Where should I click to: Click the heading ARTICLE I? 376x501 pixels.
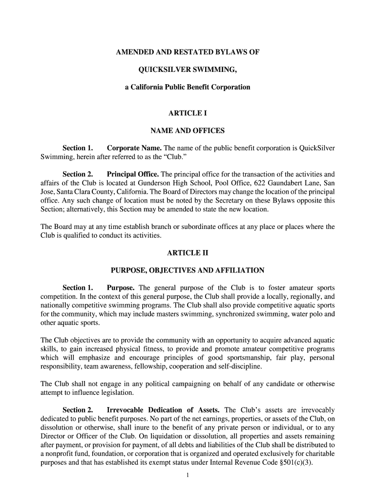[188, 113]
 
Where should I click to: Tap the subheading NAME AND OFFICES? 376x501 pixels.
[188, 131]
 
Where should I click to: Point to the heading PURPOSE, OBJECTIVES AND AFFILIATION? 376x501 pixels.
[188, 270]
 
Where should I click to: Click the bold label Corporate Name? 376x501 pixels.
[134, 148]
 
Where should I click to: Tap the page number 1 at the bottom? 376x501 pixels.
[188, 475]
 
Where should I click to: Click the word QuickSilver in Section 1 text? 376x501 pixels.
[316, 148]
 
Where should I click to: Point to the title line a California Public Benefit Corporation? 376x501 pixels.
[188, 87]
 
